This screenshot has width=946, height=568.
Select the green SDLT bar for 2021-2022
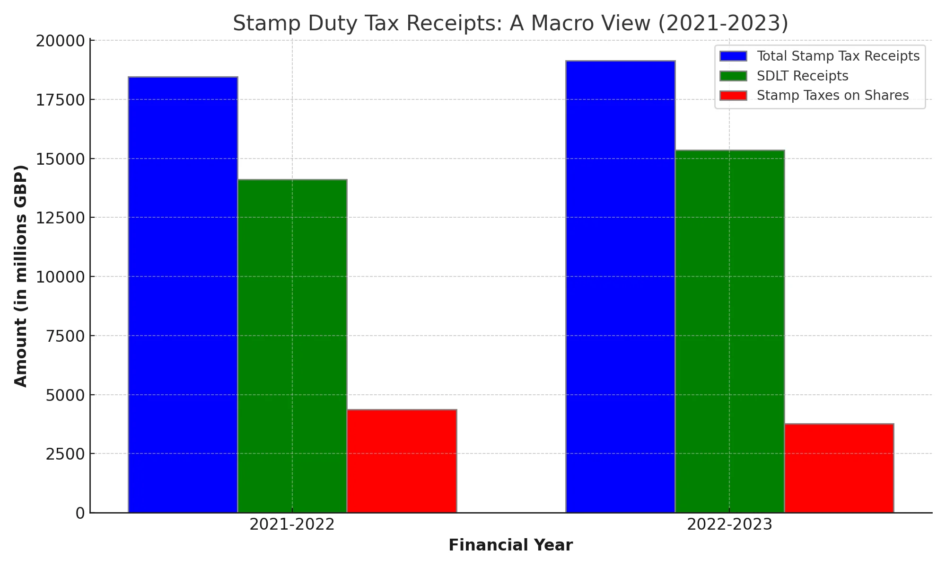pyautogui.click(x=292, y=346)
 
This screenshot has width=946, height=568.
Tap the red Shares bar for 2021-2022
pyautogui.click(x=402, y=461)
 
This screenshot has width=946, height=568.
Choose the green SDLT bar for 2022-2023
pyautogui.click(x=729, y=331)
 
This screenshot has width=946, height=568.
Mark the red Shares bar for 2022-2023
pyautogui.click(x=839, y=468)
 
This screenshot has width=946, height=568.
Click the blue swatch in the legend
pyautogui.click(x=733, y=56)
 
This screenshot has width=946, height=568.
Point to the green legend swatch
pyautogui.click(x=733, y=76)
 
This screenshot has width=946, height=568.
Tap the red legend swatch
pyautogui.click(x=733, y=96)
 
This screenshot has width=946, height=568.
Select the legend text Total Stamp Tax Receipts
pyautogui.click(x=838, y=56)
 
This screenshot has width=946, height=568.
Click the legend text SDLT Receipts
pyautogui.click(x=802, y=76)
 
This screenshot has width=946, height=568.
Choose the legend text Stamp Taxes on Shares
pyautogui.click(x=832, y=96)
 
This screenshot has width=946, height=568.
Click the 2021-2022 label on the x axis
pyautogui.click(x=292, y=525)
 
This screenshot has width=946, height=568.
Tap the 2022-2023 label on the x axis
pyautogui.click(x=729, y=525)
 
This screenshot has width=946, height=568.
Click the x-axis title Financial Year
pyautogui.click(x=510, y=545)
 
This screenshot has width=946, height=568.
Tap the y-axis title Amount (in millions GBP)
pyautogui.click(x=21, y=276)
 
